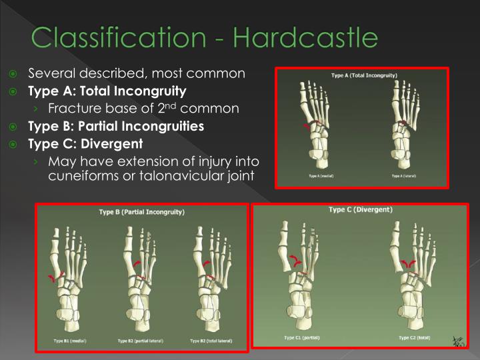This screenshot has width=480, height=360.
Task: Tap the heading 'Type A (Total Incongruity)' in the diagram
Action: tap(364, 75)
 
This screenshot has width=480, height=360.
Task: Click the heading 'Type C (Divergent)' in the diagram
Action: tap(360, 210)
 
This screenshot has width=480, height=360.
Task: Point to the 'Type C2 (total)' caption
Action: tap(414, 338)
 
